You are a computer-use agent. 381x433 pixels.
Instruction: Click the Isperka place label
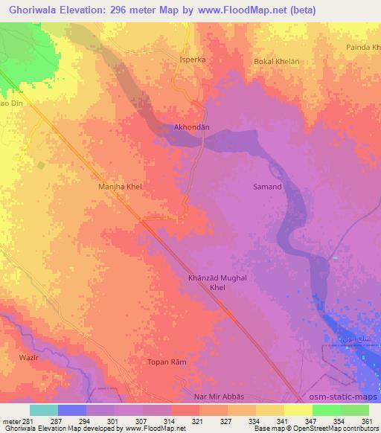click(191, 58)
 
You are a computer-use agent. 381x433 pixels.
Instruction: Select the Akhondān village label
click(191, 127)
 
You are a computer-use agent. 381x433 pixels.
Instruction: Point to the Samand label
click(268, 187)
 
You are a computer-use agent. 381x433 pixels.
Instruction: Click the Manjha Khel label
click(120, 187)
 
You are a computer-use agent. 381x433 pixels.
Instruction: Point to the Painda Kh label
click(362, 48)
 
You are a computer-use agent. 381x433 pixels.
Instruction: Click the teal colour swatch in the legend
click(44, 410)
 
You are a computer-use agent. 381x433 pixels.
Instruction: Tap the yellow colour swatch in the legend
click(298, 410)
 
